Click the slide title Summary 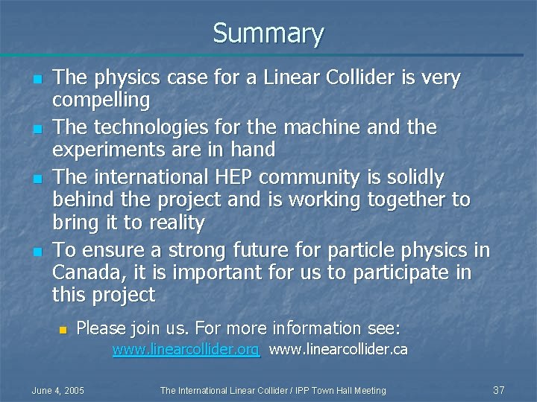(268, 33)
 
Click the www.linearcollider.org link (186, 350)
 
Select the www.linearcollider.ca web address (338, 350)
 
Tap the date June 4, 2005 (57, 390)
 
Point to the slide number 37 (499, 390)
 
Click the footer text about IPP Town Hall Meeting (273, 390)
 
